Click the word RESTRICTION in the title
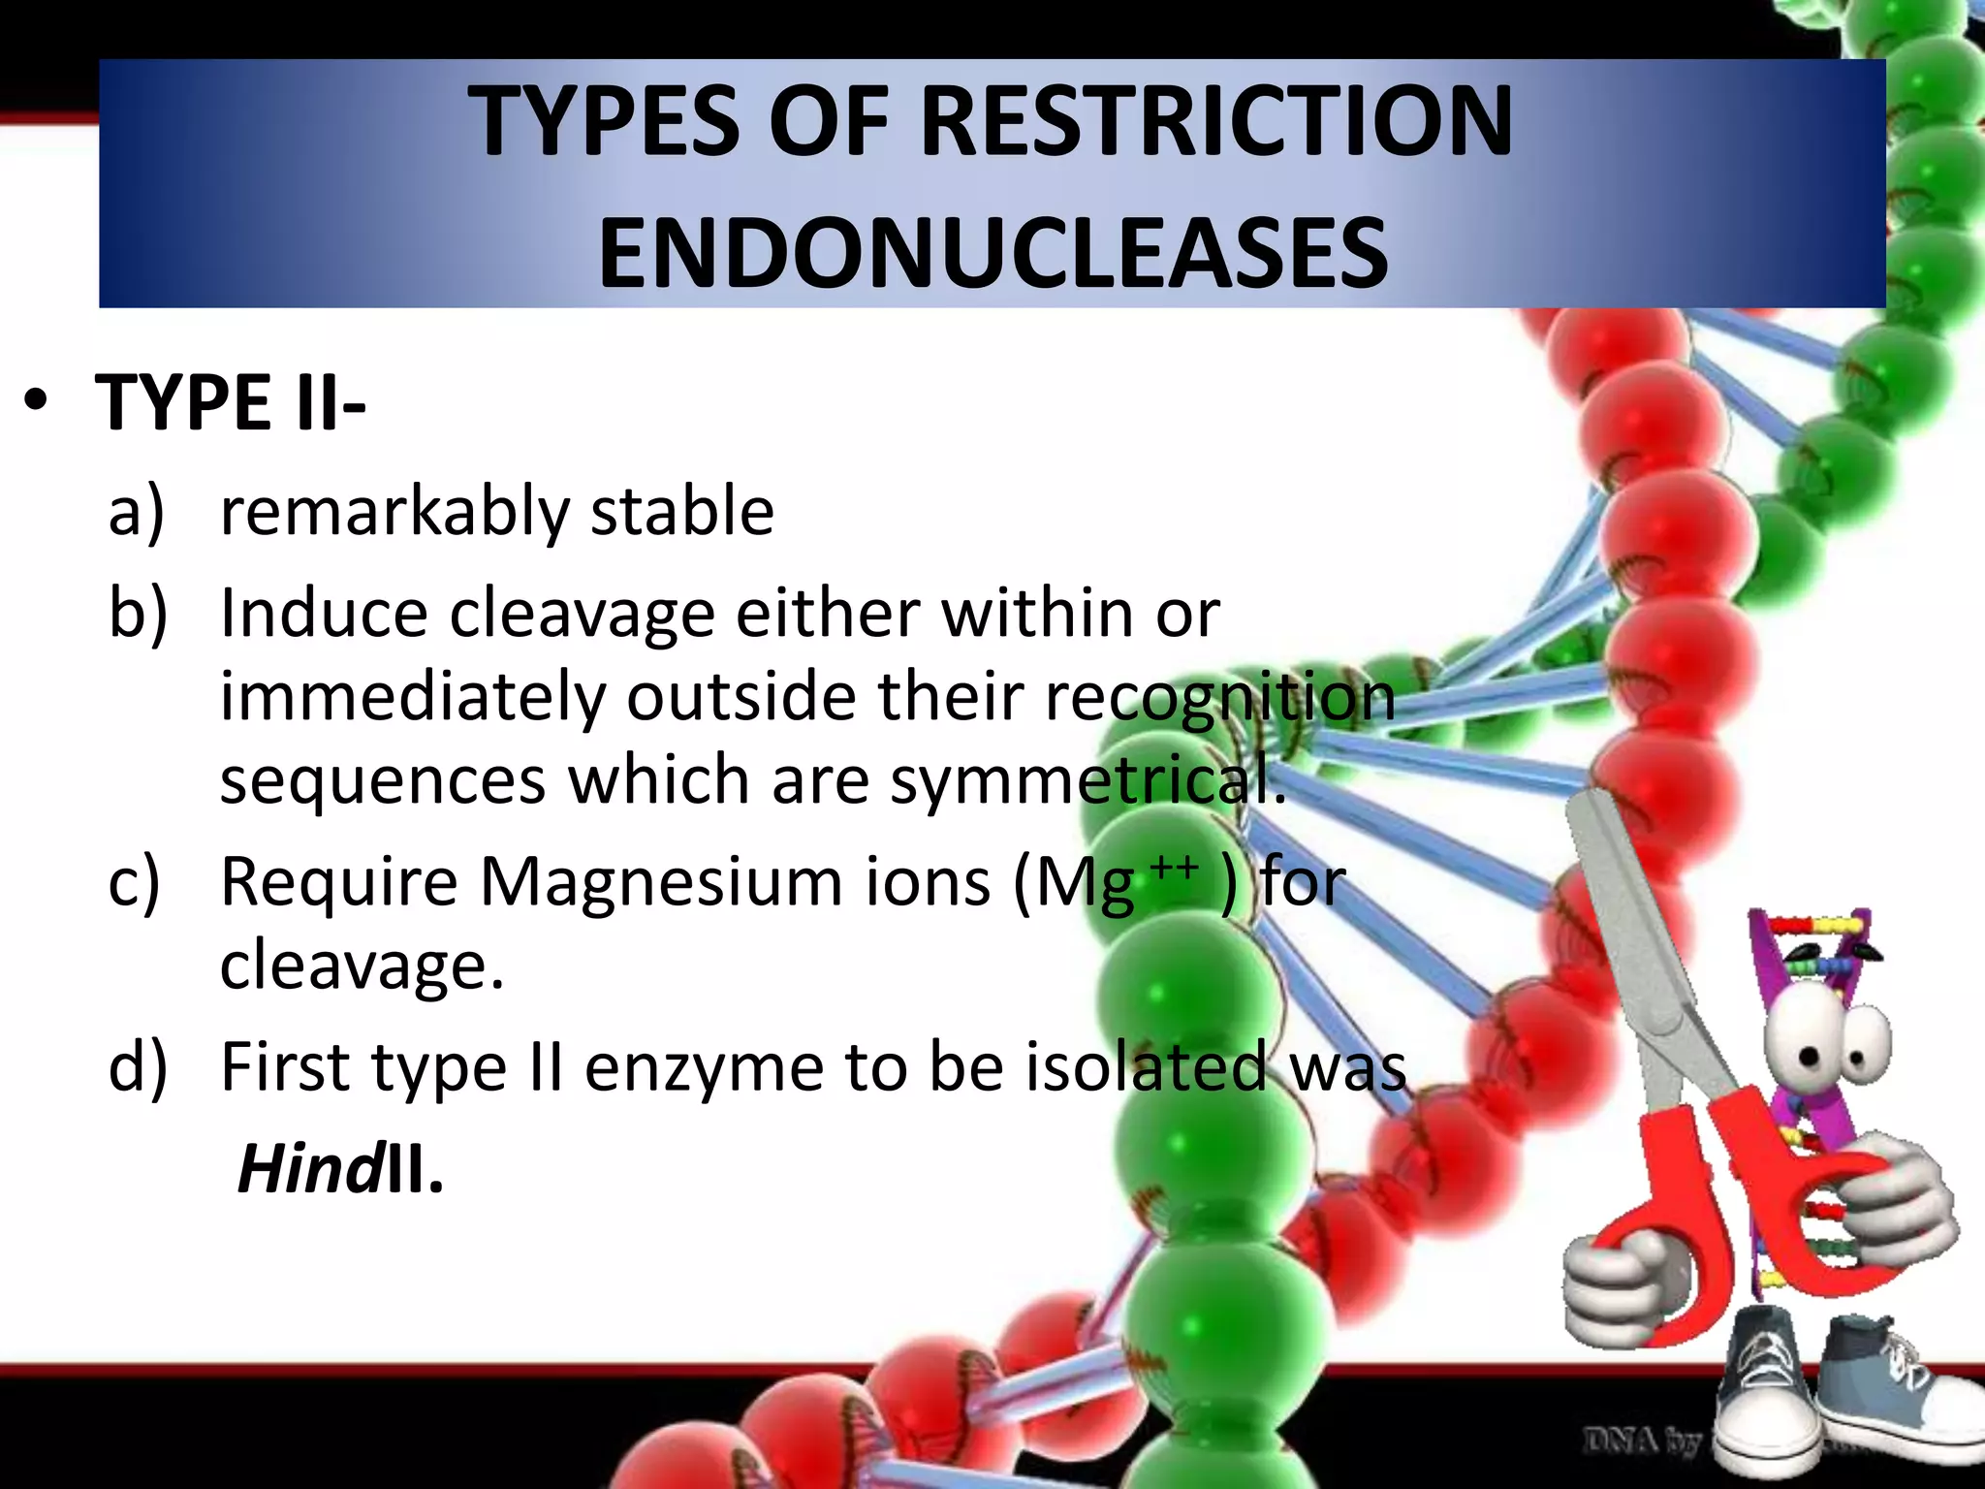click(x=1215, y=121)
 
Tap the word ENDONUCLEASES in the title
click(x=993, y=254)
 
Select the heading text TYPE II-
click(x=231, y=402)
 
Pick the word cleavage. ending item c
click(x=362, y=966)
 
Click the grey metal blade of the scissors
click(x=1638, y=921)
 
